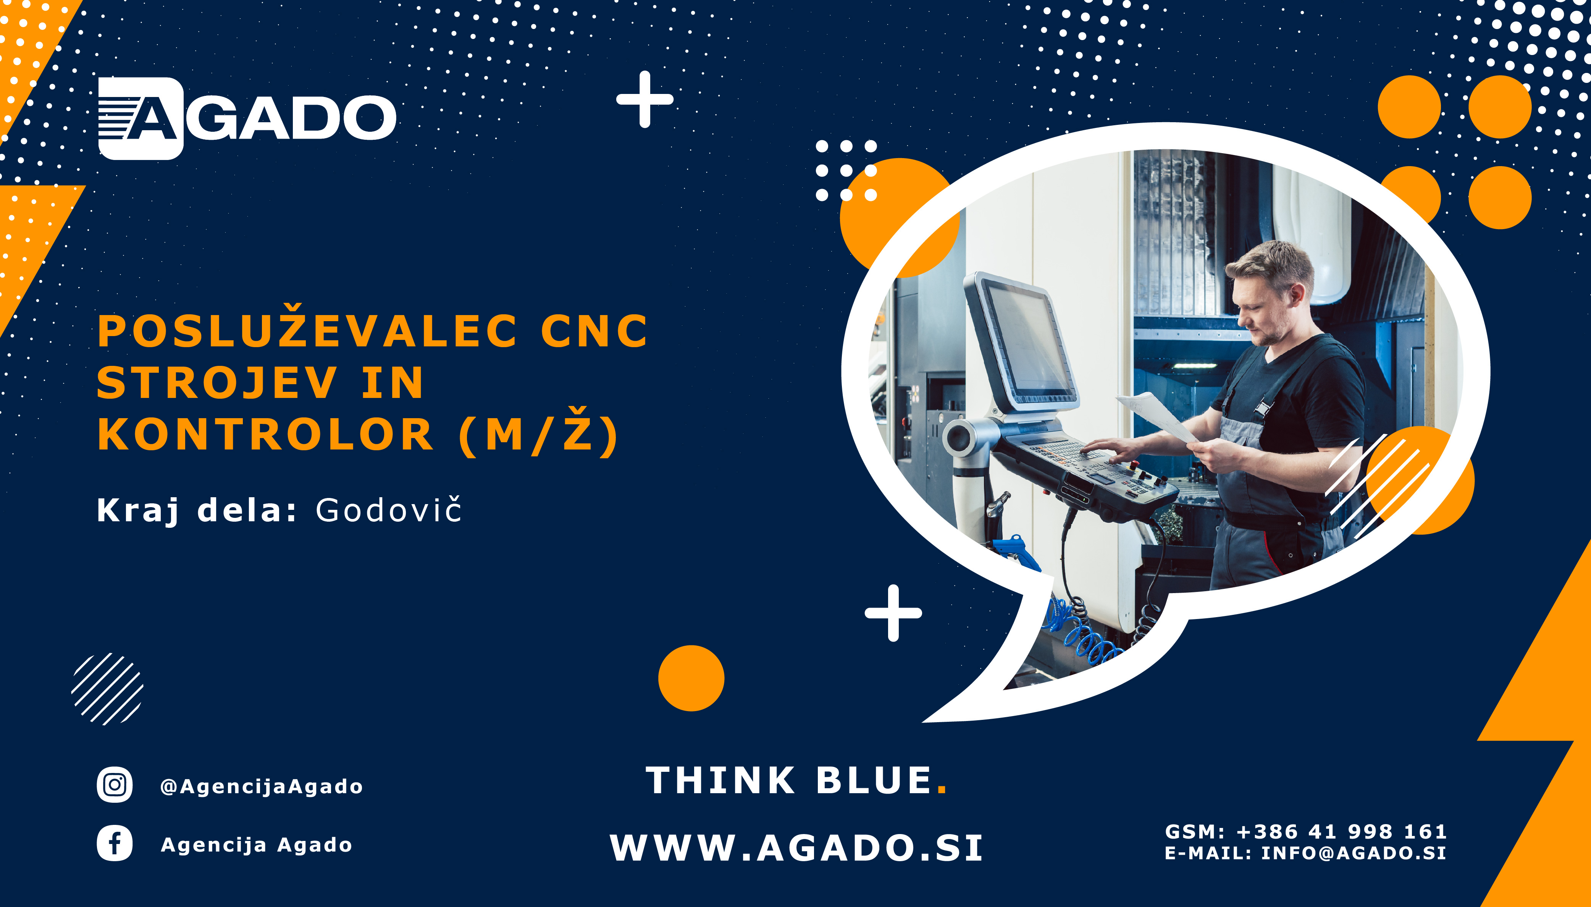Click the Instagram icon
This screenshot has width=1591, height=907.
pyautogui.click(x=115, y=785)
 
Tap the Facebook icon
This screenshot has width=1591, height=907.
pyautogui.click(x=115, y=844)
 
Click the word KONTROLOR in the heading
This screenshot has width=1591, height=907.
pyautogui.click(x=265, y=434)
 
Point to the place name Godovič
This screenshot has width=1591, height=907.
pyautogui.click(x=389, y=510)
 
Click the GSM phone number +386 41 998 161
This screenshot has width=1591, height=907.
pyautogui.click(x=1341, y=832)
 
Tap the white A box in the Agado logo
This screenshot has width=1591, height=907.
pyautogui.click(x=141, y=118)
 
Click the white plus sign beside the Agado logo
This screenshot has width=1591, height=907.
pyautogui.click(x=644, y=99)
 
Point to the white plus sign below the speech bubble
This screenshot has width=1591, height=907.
pyautogui.click(x=893, y=613)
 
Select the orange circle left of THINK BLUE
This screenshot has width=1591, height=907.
pyautogui.click(x=691, y=678)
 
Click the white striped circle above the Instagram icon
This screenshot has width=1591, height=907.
pyautogui.click(x=107, y=689)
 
